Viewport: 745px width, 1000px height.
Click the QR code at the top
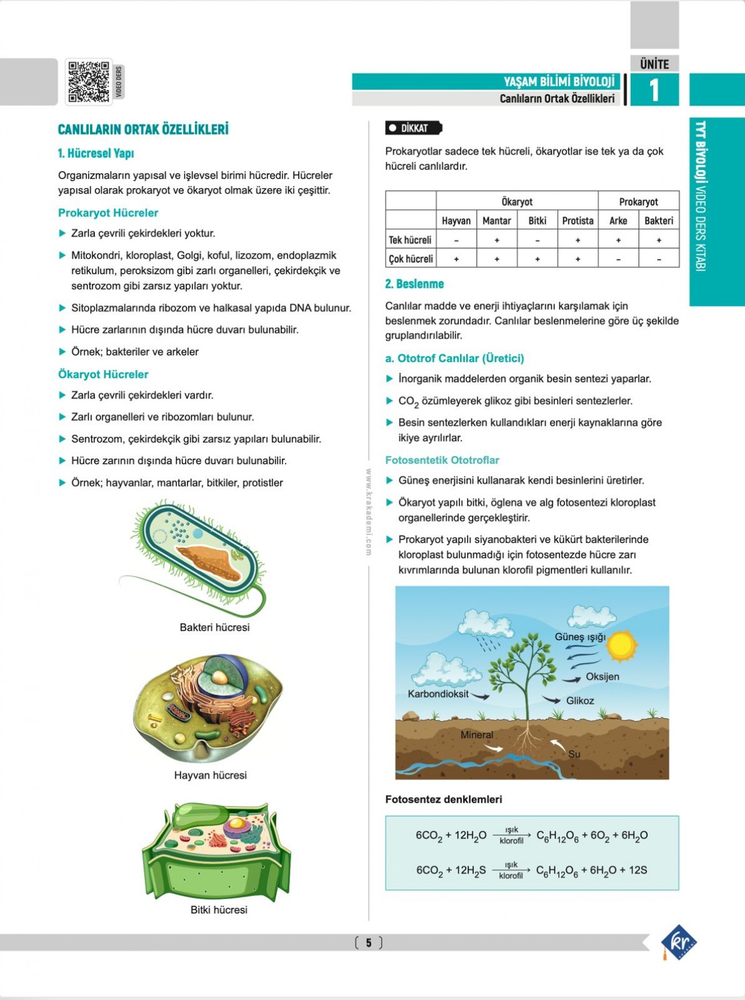[89, 81]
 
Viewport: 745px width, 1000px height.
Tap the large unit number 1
[654, 90]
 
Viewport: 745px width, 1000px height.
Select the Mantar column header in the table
[497, 220]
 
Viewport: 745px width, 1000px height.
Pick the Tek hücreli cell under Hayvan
[456, 240]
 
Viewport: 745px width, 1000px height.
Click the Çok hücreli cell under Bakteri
[659, 259]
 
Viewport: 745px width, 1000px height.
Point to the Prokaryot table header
[638, 202]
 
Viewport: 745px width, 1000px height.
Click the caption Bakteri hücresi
[214, 627]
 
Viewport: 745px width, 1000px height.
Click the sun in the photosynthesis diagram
[621, 646]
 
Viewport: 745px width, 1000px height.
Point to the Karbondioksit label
[438, 694]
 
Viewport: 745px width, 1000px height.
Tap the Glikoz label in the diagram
[580, 700]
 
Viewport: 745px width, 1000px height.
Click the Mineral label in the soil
[477, 734]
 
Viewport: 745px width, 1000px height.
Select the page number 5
[368, 943]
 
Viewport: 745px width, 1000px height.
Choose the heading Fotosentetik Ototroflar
[442, 460]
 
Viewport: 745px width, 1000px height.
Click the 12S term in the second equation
[638, 870]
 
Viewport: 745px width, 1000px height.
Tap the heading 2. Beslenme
[414, 284]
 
